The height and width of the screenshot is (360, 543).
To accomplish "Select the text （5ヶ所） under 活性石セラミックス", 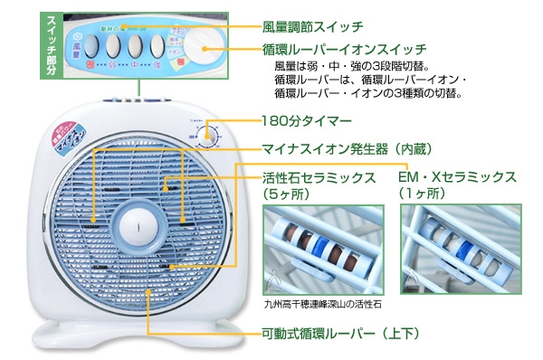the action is click(285, 194).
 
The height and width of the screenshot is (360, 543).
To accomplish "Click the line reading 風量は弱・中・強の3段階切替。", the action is click(354, 66).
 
